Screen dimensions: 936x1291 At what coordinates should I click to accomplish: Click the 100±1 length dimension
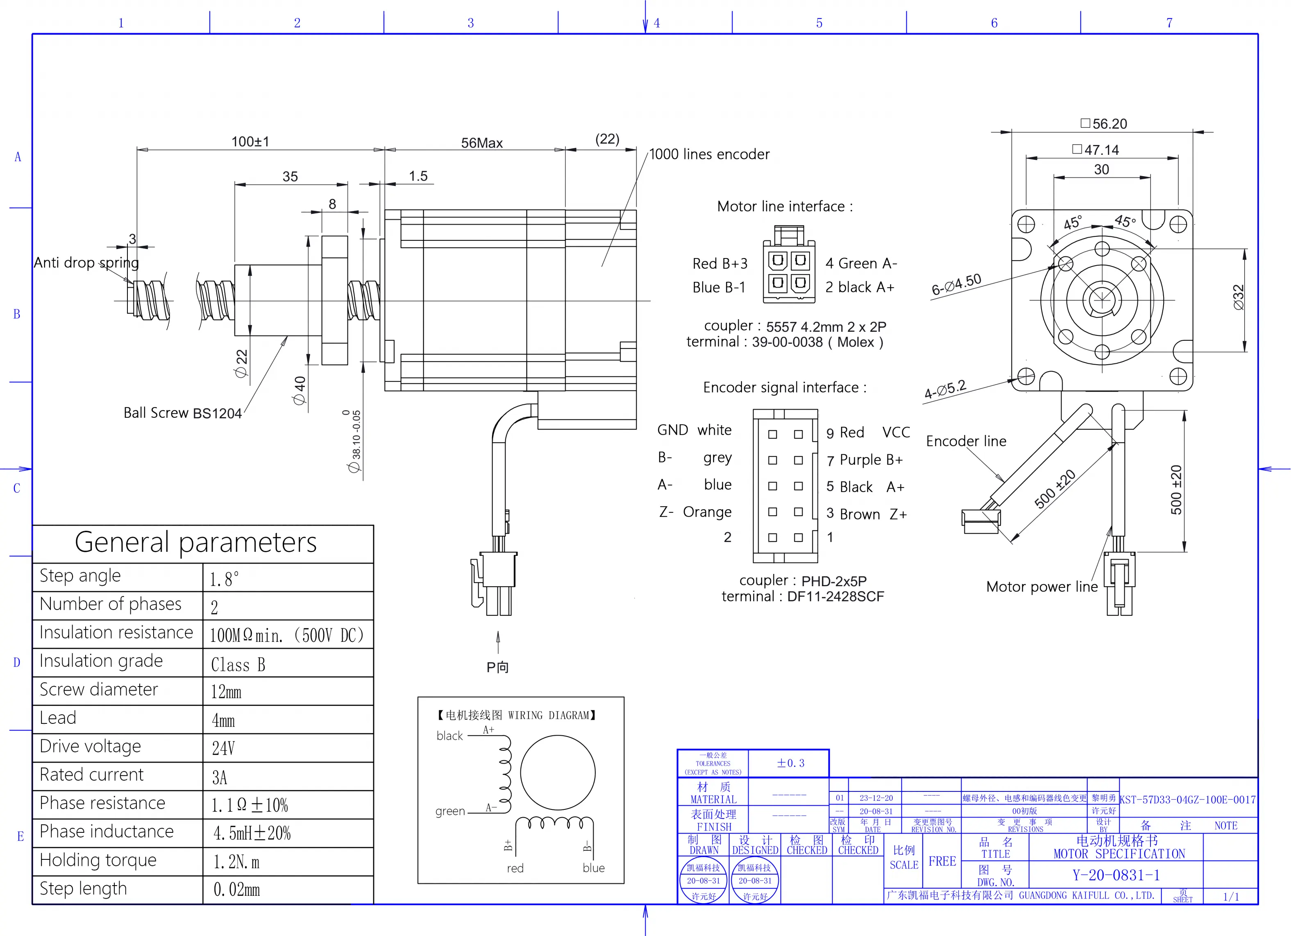click(x=250, y=141)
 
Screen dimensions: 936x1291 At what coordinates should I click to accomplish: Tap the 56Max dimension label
click(x=481, y=143)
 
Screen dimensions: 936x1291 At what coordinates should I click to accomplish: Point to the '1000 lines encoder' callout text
click(x=709, y=154)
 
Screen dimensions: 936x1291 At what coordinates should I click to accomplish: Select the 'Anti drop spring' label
click(x=86, y=262)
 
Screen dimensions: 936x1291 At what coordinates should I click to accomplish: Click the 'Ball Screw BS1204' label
click(x=182, y=412)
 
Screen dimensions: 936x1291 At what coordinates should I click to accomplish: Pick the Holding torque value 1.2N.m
click(x=236, y=862)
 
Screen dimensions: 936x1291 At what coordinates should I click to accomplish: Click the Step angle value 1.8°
click(x=224, y=579)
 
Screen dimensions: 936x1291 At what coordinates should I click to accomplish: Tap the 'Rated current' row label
click(x=92, y=775)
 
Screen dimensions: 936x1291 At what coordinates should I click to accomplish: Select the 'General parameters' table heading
click(x=195, y=542)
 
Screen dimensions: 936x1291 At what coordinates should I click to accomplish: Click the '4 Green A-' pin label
click(x=861, y=263)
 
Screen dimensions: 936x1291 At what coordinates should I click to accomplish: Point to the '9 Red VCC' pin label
click(x=867, y=433)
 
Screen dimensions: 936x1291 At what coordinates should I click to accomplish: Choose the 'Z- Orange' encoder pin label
click(x=695, y=512)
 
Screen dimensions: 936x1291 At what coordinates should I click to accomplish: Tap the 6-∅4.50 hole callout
click(x=956, y=284)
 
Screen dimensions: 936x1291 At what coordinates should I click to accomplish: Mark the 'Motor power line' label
click(x=1041, y=587)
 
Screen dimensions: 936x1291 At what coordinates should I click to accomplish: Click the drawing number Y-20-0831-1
click(x=1116, y=875)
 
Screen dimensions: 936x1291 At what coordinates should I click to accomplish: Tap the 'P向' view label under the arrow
click(x=497, y=667)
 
